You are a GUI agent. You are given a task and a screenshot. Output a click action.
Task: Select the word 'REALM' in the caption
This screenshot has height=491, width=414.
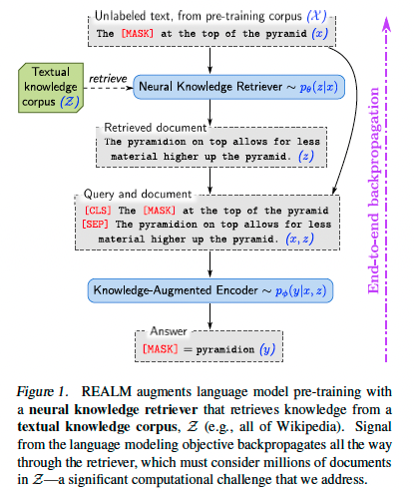point(112,390)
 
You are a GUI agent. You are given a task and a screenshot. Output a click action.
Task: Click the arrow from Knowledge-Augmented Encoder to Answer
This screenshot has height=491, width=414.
point(209,314)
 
